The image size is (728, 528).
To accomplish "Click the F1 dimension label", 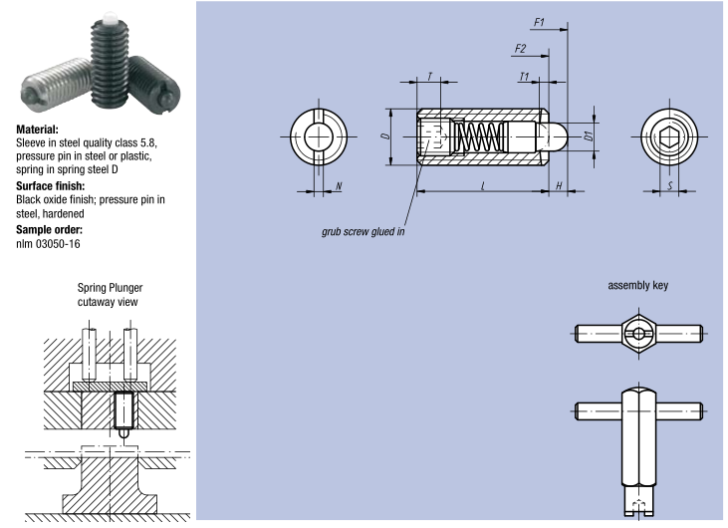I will (x=539, y=21).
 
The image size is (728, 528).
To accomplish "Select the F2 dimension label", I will (x=520, y=48).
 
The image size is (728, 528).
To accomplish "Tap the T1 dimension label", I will (x=524, y=76).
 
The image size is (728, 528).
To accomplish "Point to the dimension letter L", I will (x=482, y=185).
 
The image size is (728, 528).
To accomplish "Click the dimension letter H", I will (x=559, y=185).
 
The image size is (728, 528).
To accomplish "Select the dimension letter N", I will (x=340, y=185).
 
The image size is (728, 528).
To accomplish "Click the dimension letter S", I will (x=670, y=185).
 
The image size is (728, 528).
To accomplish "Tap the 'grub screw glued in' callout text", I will (x=363, y=230).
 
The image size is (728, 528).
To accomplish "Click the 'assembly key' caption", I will (x=637, y=284).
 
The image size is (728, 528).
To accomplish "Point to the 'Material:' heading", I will (x=37, y=129).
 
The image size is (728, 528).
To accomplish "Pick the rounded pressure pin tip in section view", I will (x=558, y=134).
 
